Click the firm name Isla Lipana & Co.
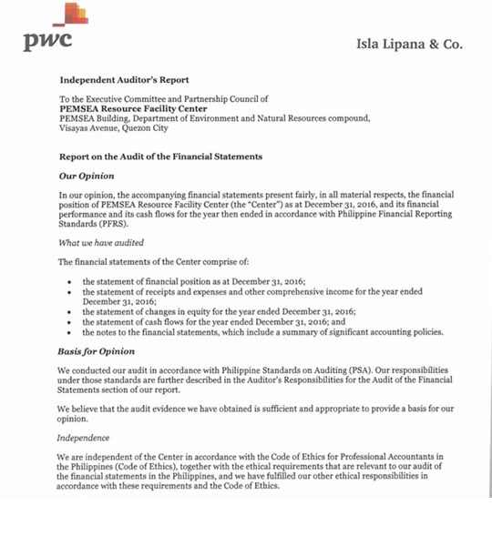409,44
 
